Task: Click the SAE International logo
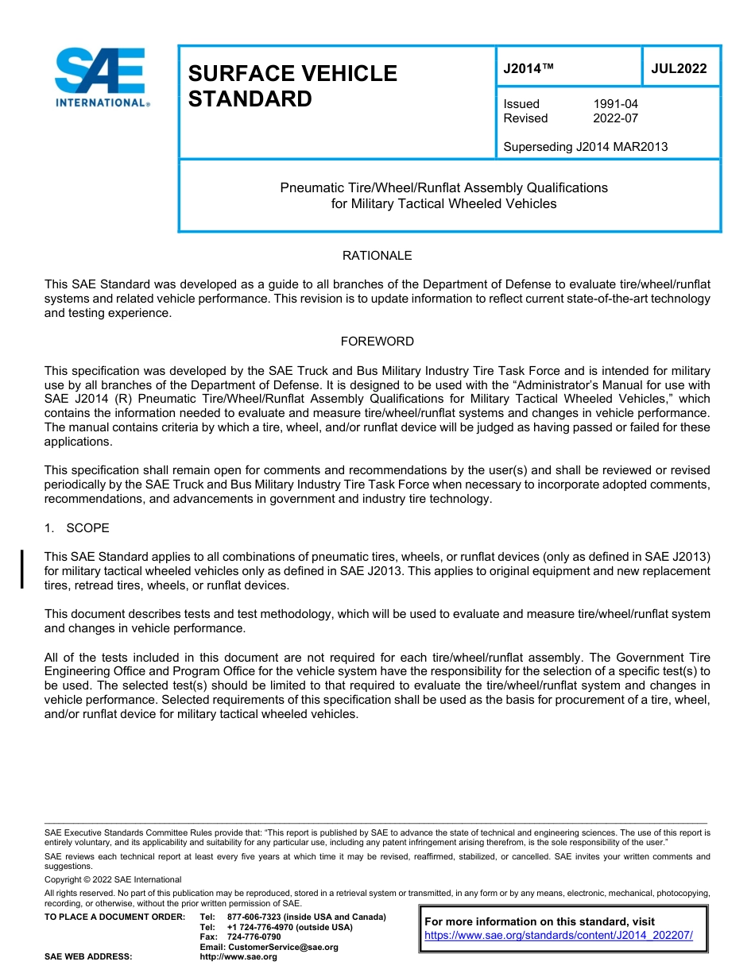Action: coord(100,77)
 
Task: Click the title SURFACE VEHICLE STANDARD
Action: coord(292,86)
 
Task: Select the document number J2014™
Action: coord(528,69)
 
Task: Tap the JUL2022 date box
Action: coord(679,69)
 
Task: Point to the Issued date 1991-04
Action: coord(615,104)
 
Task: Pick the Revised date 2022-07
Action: coord(615,118)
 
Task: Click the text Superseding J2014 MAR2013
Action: coord(585,147)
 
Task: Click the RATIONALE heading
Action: coord(377,256)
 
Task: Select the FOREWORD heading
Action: coord(377,342)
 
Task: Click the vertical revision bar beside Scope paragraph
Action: coord(22,569)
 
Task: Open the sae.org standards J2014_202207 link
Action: coord(559,935)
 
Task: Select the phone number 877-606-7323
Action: coord(256,917)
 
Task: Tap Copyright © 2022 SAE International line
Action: coord(113,879)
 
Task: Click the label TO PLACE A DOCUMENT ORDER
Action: coord(114,917)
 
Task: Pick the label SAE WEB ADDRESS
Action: coord(88,956)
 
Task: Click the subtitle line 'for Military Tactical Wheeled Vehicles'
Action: coord(443,203)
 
